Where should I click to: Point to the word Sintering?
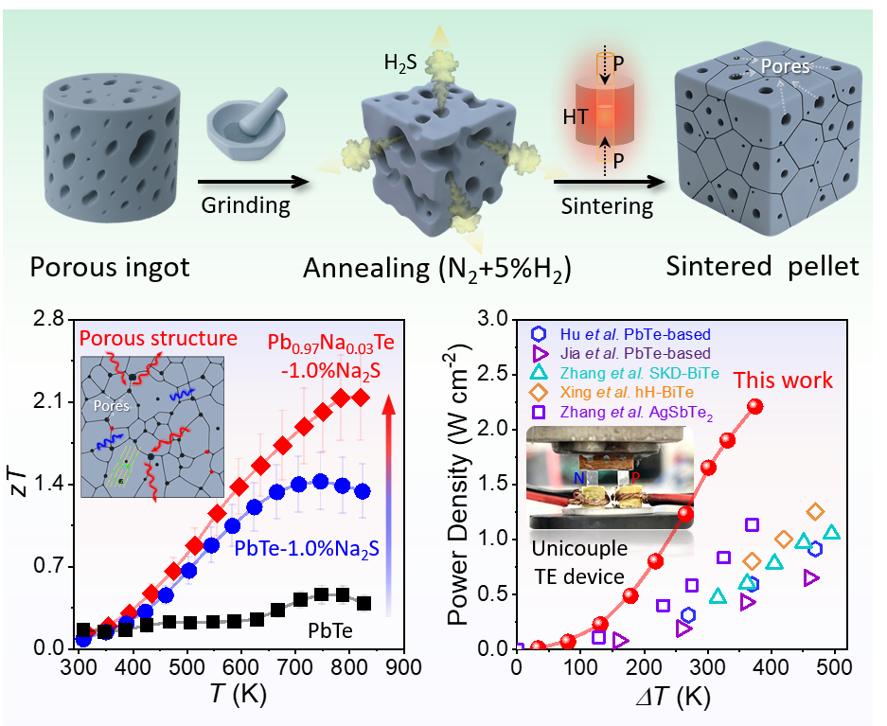tap(607, 205)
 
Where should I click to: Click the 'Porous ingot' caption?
tap(111, 266)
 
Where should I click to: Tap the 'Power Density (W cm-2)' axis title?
tap(458, 483)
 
